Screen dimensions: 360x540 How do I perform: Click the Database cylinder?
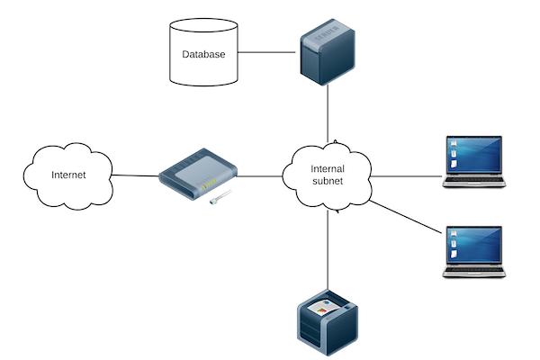(203, 67)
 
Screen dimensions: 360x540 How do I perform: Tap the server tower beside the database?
(327, 55)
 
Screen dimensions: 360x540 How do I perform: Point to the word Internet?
(68, 175)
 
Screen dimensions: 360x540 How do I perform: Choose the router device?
(197, 175)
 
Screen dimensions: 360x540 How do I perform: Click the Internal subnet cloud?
(328, 175)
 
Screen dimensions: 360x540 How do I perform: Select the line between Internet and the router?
(135, 175)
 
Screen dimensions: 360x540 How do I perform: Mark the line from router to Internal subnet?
(261, 175)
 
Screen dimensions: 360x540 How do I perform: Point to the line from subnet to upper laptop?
(405, 176)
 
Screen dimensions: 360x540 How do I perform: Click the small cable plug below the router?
(216, 200)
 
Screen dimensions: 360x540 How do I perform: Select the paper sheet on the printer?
(324, 309)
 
